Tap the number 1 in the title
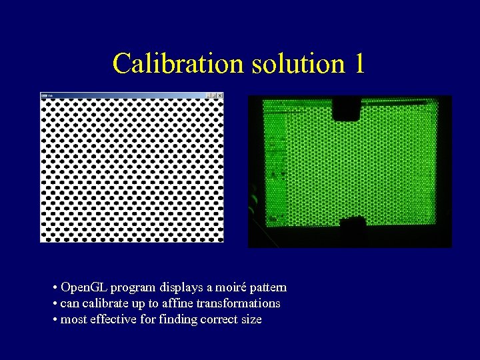tap(359, 64)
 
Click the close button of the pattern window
tap(220, 95)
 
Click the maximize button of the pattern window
tap(214, 95)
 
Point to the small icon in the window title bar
tap(44, 95)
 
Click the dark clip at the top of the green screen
tap(347, 107)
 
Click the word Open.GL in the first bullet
tap(84, 287)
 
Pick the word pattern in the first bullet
tap(267, 287)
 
